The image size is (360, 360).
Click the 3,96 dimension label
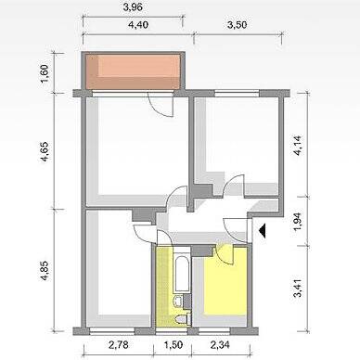click(133, 7)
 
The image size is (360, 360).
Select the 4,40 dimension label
click(138, 24)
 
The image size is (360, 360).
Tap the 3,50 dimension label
click(238, 24)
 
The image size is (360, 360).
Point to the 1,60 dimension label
click(45, 73)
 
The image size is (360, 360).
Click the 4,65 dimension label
click(45, 151)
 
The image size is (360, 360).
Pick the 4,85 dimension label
click(45, 271)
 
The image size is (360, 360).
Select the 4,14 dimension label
click(298, 146)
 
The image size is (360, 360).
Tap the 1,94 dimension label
click(298, 222)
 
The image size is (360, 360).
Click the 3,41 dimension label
click(298, 288)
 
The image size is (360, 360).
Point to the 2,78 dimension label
click(119, 344)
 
